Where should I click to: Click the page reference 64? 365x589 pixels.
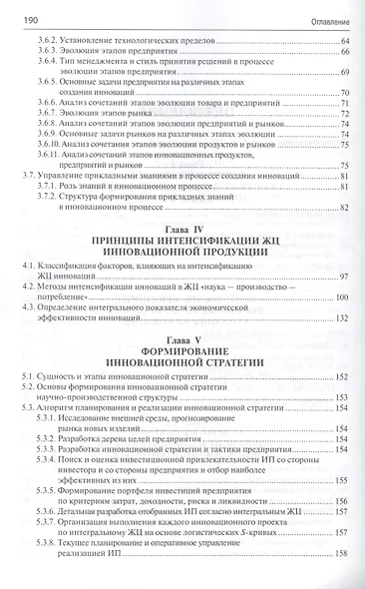pos(344,39)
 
